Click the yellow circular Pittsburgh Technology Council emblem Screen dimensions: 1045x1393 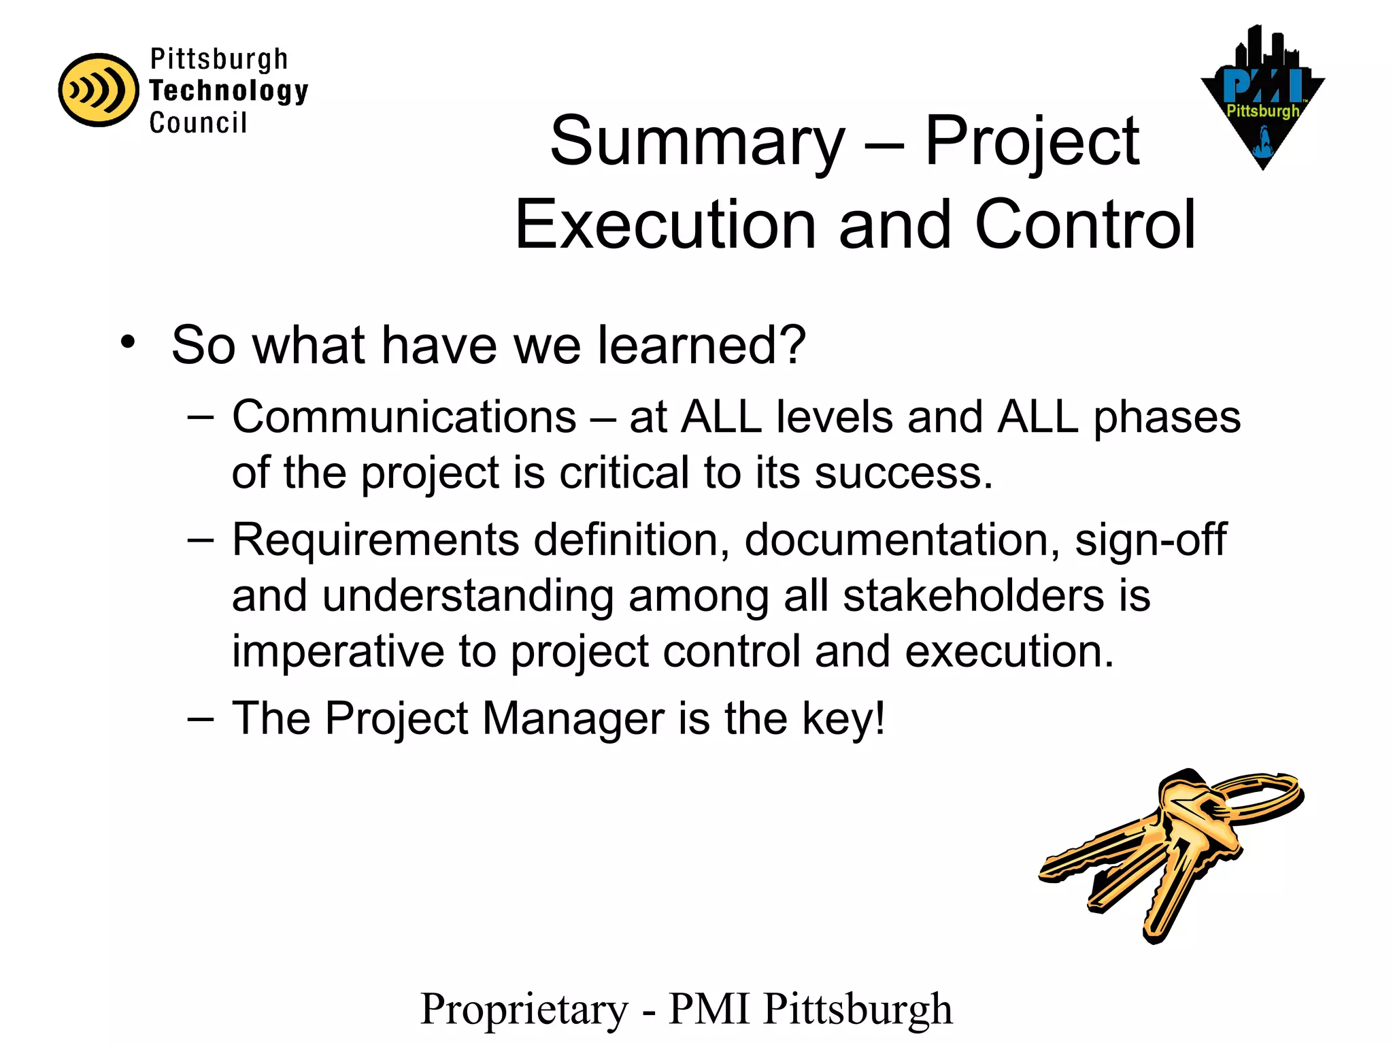point(99,90)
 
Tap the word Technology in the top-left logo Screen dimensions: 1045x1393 point(229,91)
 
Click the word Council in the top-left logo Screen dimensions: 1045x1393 point(198,123)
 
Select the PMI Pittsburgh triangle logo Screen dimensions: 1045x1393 point(1262,99)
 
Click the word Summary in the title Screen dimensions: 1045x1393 point(697,142)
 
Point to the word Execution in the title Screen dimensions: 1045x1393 point(665,225)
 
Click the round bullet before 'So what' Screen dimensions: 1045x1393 point(128,342)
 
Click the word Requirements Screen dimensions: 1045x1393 point(375,540)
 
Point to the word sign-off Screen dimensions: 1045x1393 point(1150,540)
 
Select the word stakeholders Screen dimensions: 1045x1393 point(973,596)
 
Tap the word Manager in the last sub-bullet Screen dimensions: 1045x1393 point(573,718)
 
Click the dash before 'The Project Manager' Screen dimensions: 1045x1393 point(201,718)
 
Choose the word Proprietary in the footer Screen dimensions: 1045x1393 point(524,1009)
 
